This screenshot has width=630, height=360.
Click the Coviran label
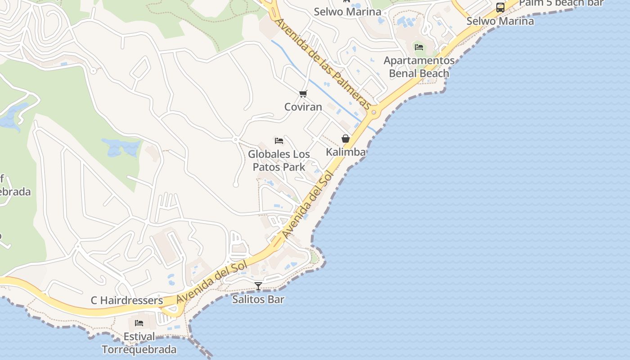(x=303, y=107)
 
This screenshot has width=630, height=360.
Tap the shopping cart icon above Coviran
(x=303, y=94)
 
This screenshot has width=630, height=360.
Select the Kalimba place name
(x=346, y=152)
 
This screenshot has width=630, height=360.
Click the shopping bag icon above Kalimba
(x=346, y=139)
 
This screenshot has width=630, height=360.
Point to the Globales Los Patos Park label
(x=279, y=161)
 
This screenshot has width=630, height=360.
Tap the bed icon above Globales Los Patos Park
(x=279, y=140)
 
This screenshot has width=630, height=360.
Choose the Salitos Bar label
(x=258, y=299)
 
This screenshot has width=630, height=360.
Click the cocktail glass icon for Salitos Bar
(x=258, y=286)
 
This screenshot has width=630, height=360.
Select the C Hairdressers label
(x=127, y=300)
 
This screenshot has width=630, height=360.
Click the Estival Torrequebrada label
(x=139, y=343)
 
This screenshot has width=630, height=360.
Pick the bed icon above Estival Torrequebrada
(x=139, y=323)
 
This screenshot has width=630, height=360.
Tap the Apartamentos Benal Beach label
(x=419, y=67)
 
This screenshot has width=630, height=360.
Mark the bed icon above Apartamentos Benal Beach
(x=419, y=47)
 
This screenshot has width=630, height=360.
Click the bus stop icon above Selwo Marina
(x=500, y=7)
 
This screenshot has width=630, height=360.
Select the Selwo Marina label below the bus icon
(x=500, y=21)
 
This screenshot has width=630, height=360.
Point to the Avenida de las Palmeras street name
(x=323, y=63)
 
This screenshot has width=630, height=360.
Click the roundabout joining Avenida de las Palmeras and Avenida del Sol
(x=373, y=112)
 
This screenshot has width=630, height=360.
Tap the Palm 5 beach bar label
(x=561, y=3)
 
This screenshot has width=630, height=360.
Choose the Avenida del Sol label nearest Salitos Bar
(x=212, y=283)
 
